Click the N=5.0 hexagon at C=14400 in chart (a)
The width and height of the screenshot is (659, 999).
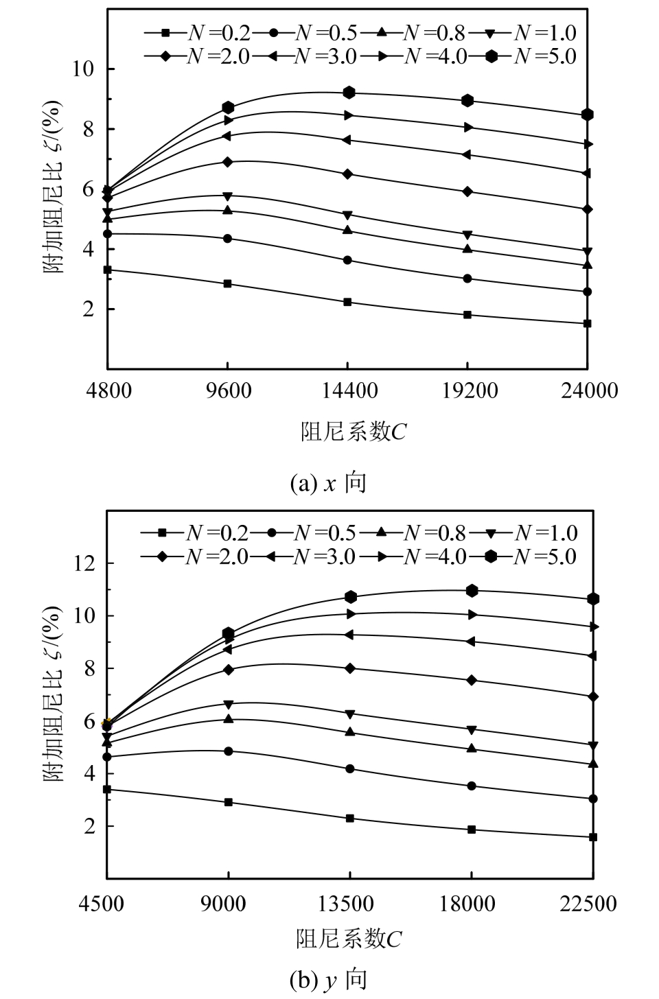tap(349, 93)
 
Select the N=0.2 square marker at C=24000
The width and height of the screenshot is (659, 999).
tap(588, 323)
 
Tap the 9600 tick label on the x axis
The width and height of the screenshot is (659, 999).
tap(228, 390)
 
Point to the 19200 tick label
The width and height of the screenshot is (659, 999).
tap(467, 390)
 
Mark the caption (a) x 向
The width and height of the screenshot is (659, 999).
tap(329, 484)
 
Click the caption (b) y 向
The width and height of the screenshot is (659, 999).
tap(329, 980)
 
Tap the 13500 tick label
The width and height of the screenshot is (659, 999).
tap(349, 904)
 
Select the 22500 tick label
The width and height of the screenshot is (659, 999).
tap(592, 904)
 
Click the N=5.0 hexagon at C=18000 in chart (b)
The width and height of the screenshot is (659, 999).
tap(472, 590)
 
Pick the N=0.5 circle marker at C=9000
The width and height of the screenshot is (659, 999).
tap(228, 751)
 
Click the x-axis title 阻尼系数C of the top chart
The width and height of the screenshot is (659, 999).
tap(354, 432)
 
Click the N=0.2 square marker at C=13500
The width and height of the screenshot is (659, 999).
tap(350, 819)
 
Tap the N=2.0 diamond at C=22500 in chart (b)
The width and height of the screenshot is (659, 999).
tap(593, 696)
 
